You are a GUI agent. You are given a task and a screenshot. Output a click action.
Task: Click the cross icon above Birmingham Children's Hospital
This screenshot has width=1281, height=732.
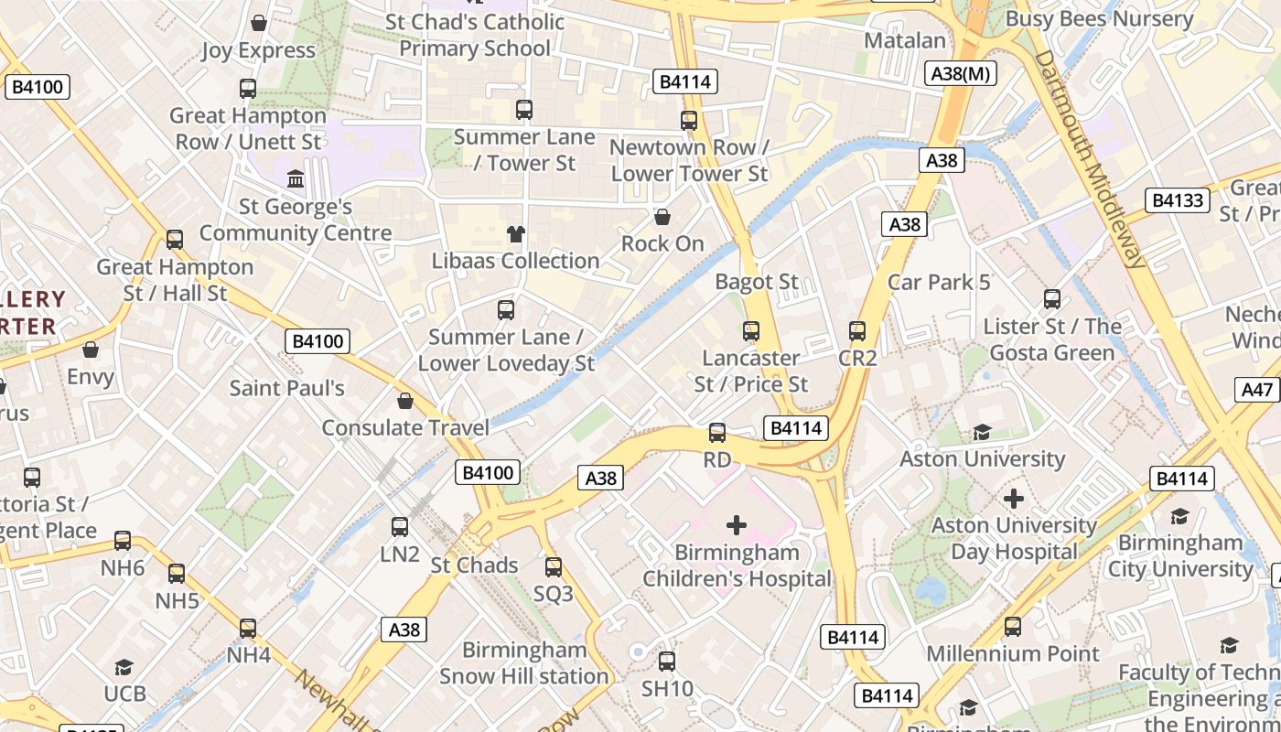(x=736, y=525)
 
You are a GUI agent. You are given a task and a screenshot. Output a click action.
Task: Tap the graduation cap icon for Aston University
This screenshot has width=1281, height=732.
(x=983, y=432)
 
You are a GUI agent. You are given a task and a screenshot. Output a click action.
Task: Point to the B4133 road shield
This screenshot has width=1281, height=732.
(x=1178, y=200)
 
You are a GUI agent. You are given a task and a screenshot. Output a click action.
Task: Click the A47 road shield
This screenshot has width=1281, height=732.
(x=1257, y=389)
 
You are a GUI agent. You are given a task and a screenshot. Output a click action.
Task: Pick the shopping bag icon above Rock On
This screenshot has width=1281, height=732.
(x=662, y=217)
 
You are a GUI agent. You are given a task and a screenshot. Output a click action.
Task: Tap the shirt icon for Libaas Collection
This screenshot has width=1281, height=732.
(x=516, y=234)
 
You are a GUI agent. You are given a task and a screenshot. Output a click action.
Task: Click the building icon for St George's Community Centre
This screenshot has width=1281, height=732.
(x=296, y=179)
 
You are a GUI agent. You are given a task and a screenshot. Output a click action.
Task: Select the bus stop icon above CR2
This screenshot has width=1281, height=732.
(x=857, y=331)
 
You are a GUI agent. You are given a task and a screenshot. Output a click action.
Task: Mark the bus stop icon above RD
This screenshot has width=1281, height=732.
(x=717, y=433)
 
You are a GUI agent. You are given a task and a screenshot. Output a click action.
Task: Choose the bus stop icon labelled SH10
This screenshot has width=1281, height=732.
(x=667, y=662)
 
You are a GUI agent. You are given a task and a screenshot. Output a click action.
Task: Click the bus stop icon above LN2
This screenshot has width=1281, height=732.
(x=400, y=527)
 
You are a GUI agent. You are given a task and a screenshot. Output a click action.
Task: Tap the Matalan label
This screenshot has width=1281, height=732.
(x=905, y=40)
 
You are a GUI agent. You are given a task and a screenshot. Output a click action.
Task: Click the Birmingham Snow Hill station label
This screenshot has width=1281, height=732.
(x=524, y=662)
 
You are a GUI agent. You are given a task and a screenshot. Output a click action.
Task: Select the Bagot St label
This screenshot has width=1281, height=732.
(x=757, y=282)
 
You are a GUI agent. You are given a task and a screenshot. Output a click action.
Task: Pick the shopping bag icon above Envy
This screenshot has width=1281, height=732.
(x=91, y=350)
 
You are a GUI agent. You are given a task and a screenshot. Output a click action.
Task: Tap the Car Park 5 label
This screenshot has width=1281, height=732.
(x=939, y=282)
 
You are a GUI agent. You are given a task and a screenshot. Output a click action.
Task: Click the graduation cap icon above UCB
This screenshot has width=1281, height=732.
(x=124, y=668)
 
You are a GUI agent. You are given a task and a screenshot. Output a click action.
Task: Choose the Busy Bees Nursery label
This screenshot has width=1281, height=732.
(x=1099, y=18)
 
